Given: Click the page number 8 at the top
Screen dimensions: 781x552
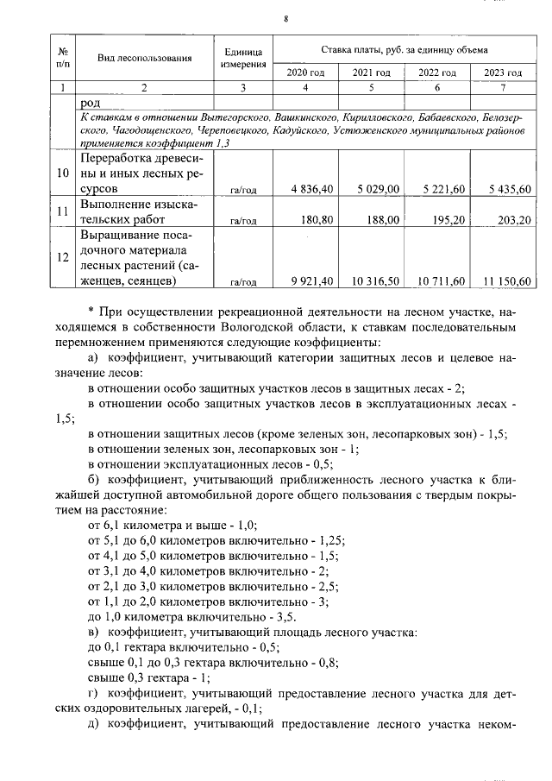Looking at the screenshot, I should (285, 19).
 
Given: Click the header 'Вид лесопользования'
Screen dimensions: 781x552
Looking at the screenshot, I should (144, 58).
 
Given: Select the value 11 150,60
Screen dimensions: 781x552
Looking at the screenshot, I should (503, 281).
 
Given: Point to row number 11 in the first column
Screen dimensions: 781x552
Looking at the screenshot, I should (62, 211).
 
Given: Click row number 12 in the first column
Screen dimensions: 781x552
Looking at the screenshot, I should (62, 257).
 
